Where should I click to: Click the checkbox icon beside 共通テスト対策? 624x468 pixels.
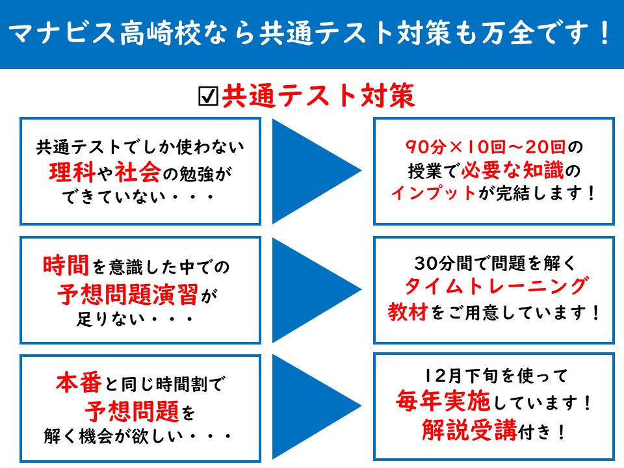click(x=208, y=96)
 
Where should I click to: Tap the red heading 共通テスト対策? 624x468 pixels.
click(x=318, y=96)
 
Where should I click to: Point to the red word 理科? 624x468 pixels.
click(x=72, y=172)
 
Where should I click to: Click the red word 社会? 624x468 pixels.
click(x=138, y=172)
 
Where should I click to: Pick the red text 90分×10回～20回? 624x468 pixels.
click(x=486, y=147)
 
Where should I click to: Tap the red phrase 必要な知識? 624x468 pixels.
click(x=513, y=170)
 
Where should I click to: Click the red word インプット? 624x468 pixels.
click(x=434, y=193)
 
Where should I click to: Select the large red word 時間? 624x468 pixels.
click(x=66, y=265)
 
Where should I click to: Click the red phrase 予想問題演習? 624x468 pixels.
click(x=127, y=294)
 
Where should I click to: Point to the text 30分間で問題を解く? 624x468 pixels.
click(x=495, y=263)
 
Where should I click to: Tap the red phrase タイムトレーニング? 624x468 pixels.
click(x=496, y=287)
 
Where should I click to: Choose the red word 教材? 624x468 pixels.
click(x=408, y=312)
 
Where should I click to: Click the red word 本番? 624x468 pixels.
click(x=79, y=383)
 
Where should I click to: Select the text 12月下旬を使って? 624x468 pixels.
click(x=496, y=376)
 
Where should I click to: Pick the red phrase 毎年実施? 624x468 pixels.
click(x=443, y=401)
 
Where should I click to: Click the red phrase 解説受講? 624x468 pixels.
click(x=469, y=430)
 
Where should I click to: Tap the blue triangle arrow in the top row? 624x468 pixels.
click(x=317, y=171)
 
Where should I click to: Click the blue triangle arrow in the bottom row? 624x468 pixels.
click(x=317, y=407)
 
